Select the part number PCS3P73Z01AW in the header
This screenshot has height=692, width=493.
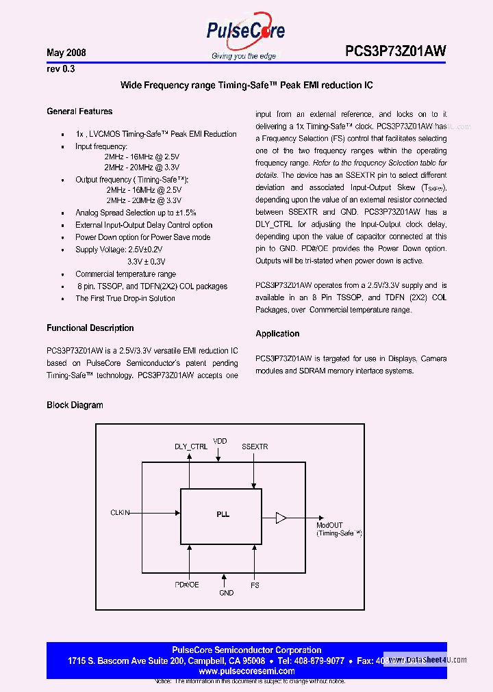396,51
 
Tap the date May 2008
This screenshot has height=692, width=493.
66,53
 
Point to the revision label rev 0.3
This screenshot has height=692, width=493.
60,69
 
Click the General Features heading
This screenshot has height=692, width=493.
79,111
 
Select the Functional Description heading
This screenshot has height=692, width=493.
90,328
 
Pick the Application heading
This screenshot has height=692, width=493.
277,334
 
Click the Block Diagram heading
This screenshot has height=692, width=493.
75,405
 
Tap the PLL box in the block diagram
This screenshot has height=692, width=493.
220,515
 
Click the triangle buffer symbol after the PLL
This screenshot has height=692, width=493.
281,518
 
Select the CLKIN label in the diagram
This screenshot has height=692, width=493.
121,512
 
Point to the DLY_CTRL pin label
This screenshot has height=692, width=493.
191,447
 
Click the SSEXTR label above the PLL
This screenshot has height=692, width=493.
255,447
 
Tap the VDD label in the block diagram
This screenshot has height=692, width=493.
220,441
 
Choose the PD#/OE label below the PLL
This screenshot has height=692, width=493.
186,585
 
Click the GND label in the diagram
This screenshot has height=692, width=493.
226,593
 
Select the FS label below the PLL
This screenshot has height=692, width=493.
255,585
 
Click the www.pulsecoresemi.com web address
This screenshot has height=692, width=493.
246,671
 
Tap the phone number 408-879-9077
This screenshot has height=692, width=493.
320,661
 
